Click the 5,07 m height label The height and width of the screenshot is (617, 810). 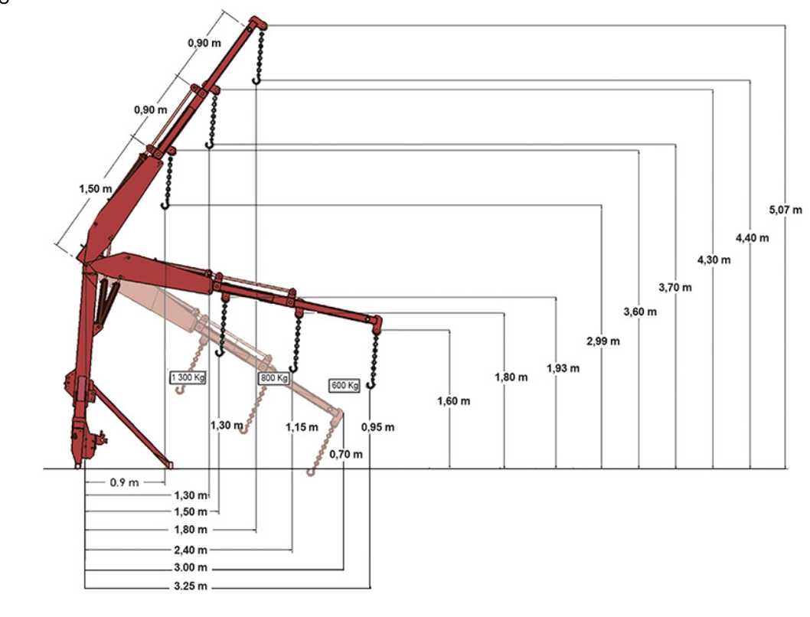click(786, 210)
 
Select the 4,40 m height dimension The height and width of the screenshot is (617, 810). click(752, 238)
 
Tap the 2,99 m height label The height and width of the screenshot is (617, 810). click(603, 341)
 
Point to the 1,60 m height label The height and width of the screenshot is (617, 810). click(453, 400)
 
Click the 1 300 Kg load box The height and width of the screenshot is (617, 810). click(188, 377)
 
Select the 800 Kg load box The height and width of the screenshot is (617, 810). click(274, 378)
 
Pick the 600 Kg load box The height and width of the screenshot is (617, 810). click(345, 385)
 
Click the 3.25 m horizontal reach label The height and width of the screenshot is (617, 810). click(191, 586)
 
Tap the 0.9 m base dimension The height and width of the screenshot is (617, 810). click(124, 482)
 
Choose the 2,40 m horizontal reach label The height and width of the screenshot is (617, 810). click(191, 550)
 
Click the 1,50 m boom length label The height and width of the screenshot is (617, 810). click(96, 189)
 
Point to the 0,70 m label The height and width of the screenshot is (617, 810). click(345, 455)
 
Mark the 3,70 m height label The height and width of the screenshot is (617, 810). click(674, 287)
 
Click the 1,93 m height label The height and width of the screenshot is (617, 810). click(563, 368)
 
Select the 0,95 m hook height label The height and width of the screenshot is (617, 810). click(377, 427)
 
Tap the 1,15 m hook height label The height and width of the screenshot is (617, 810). click(302, 427)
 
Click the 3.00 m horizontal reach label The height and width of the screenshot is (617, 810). click(191, 567)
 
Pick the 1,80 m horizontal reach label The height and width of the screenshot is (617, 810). click(191, 529)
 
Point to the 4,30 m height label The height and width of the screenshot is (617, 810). click(714, 260)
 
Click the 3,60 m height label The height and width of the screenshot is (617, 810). click(640, 312)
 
